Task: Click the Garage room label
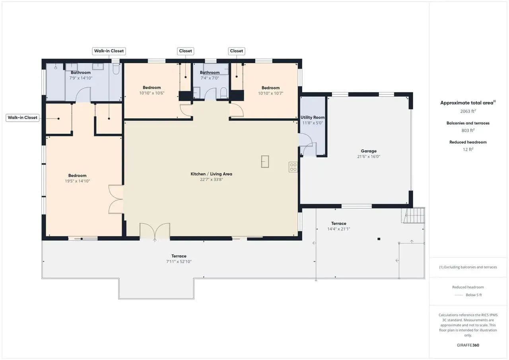369,151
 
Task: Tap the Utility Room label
313,117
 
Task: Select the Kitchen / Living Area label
211,174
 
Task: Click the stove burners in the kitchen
293,167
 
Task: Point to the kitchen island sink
265,162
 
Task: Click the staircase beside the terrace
414,215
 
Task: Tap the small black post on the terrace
379,239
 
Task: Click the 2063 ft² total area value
468,111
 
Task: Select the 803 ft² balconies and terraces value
468,130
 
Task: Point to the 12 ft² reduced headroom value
468,149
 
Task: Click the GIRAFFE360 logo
468,345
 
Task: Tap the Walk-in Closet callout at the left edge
23,118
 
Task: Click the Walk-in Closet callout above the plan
109,51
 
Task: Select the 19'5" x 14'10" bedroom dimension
77,181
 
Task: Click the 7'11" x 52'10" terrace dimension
179,261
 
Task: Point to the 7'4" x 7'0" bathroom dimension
210,78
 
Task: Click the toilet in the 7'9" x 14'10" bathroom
116,69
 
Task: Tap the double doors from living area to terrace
155,231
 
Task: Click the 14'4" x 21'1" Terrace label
338,224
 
